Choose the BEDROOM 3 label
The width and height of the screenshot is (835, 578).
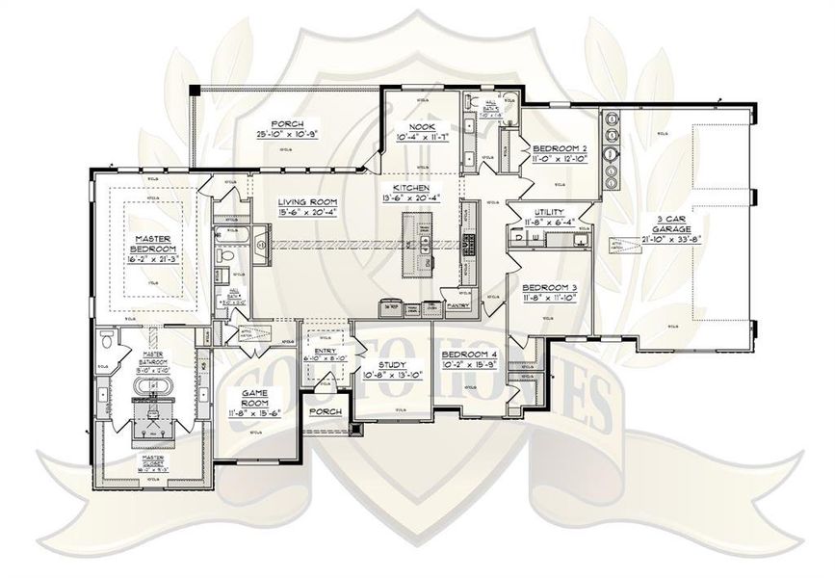pos(549,287)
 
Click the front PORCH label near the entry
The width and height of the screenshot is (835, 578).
pos(323,411)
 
